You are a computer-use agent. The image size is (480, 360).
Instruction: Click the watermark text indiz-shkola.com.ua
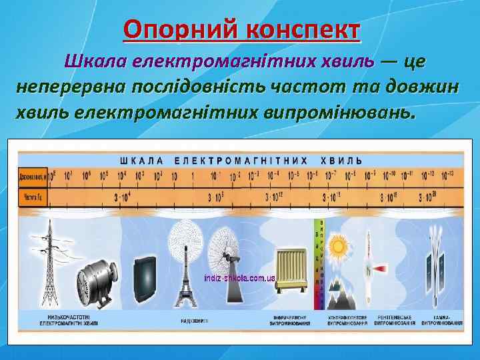(x=239, y=276)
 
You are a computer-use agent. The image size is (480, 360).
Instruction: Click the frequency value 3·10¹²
(x=274, y=197)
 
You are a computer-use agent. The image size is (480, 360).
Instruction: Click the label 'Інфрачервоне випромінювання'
(x=291, y=319)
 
